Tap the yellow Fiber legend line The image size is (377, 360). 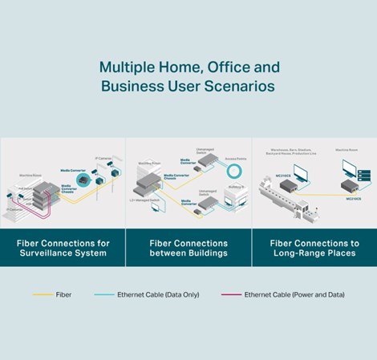click(x=43, y=295)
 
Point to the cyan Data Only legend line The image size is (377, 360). click(x=103, y=295)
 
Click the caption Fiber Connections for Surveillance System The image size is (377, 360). click(x=63, y=249)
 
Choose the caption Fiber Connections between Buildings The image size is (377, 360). click(x=188, y=249)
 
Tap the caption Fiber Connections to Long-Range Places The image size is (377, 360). click(x=314, y=249)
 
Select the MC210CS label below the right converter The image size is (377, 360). click(x=353, y=198)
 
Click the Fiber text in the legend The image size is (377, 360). click(x=64, y=295)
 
